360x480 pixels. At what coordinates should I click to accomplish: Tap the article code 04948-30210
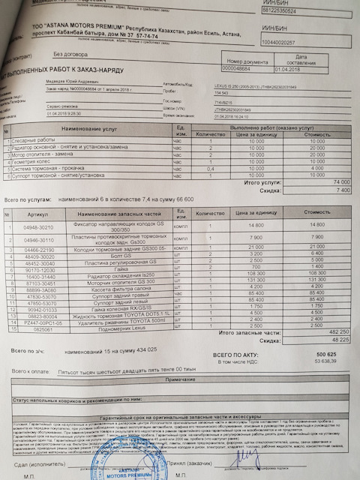click(x=38, y=225)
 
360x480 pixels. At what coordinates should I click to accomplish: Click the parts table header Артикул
click(x=38, y=213)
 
